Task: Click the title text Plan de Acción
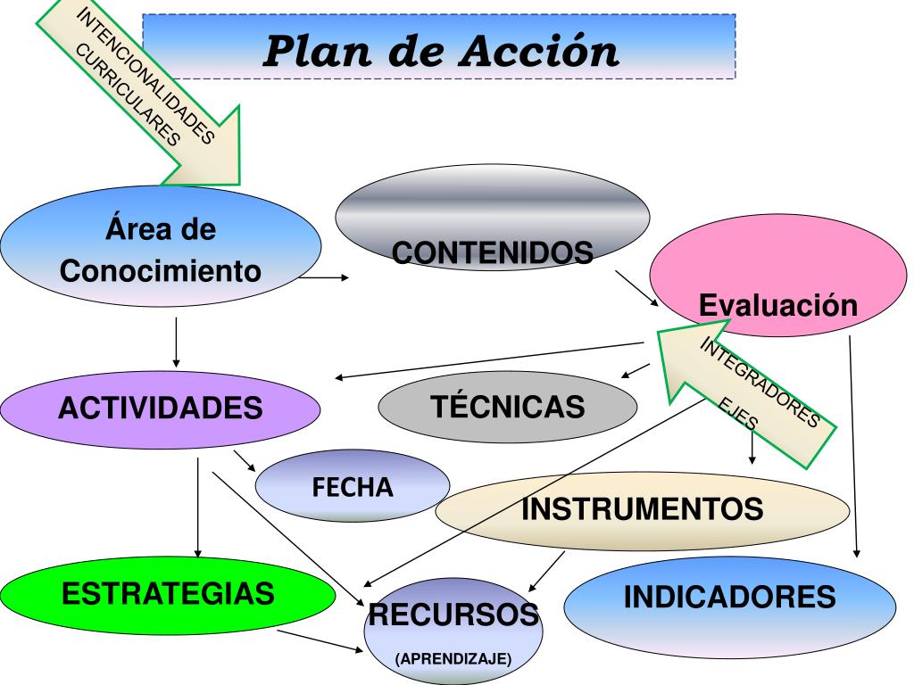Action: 441,51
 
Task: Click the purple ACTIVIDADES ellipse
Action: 161,409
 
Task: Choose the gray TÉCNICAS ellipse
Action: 508,407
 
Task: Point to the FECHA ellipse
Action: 353,487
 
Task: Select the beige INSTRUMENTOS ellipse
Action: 642,510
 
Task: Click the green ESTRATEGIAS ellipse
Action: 168,593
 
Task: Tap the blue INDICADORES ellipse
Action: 729,597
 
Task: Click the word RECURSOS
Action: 453,614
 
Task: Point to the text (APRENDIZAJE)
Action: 453,659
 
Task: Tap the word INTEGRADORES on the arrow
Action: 759,383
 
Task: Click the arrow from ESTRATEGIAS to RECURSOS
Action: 320,641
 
